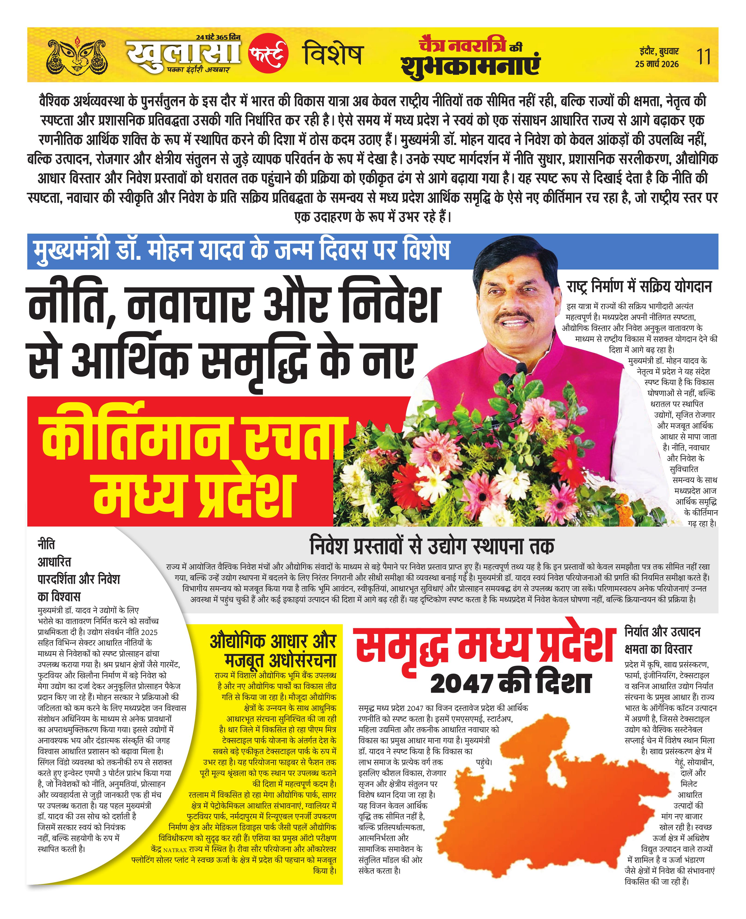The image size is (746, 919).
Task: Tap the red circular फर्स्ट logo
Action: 268,55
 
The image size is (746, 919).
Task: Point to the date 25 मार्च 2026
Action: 657,64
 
